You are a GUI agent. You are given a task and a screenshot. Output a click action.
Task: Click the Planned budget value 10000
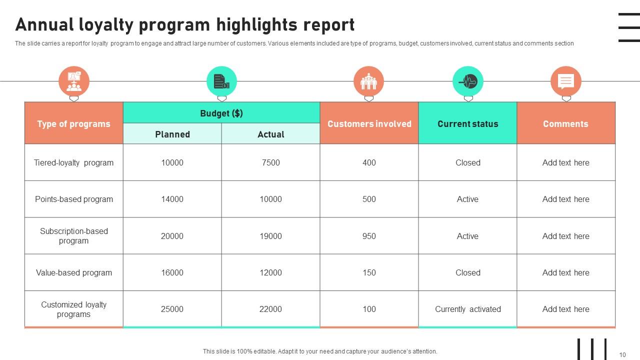click(172, 162)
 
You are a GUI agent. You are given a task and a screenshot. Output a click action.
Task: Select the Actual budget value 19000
click(270, 236)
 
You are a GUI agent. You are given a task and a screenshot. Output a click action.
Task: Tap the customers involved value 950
click(369, 236)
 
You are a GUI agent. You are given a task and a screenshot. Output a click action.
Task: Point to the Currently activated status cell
click(467, 309)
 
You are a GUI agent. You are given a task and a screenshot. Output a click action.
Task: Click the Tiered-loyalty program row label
click(73, 162)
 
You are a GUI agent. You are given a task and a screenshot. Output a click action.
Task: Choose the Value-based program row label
click(73, 272)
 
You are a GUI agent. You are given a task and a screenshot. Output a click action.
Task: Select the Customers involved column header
click(369, 123)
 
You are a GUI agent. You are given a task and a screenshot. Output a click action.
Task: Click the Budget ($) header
click(221, 113)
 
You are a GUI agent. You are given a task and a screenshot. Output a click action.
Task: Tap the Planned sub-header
click(172, 134)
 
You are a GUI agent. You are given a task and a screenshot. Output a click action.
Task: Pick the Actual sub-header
click(270, 134)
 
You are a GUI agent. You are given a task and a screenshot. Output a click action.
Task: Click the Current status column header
click(467, 123)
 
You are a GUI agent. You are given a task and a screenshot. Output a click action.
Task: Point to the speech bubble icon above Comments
click(565, 81)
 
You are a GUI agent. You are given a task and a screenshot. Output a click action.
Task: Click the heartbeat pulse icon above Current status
click(468, 81)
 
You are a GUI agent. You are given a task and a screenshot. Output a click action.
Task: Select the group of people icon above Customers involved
click(368, 81)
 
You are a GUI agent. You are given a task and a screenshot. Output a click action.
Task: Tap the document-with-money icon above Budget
click(221, 81)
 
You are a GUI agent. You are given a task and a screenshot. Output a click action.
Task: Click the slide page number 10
click(622, 355)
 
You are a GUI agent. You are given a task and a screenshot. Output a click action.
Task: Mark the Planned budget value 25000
click(172, 309)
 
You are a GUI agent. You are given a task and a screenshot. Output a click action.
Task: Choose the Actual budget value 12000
click(270, 272)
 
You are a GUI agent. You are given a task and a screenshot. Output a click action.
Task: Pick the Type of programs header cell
click(73, 123)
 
